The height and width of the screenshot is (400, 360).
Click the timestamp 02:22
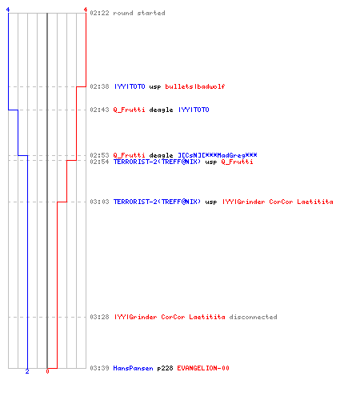point(99,13)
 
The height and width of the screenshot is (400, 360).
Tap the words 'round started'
point(139,13)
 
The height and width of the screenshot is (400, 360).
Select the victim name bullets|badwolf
point(195,86)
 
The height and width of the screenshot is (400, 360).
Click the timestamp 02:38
point(99,86)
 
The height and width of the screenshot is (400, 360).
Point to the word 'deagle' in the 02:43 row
point(161,110)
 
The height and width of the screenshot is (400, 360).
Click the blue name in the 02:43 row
point(194,110)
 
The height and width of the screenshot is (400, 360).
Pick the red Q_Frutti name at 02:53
point(129,155)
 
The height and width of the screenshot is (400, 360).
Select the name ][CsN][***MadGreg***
point(218,155)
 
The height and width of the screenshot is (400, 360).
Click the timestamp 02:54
point(99,162)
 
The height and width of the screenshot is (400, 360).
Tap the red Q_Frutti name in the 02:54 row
point(237,162)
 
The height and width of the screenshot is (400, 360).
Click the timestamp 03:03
point(99,202)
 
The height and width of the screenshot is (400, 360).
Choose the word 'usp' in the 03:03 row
point(211,202)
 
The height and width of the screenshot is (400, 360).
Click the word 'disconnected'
point(253,317)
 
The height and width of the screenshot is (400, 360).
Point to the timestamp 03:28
point(99,317)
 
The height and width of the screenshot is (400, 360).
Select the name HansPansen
point(133,368)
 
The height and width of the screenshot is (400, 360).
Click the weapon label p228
point(165,368)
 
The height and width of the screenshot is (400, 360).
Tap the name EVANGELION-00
point(203,368)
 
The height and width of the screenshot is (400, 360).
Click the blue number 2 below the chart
point(27,371)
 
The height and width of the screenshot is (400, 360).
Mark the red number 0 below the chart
point(47,371)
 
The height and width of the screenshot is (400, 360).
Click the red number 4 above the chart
point(86,10)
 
